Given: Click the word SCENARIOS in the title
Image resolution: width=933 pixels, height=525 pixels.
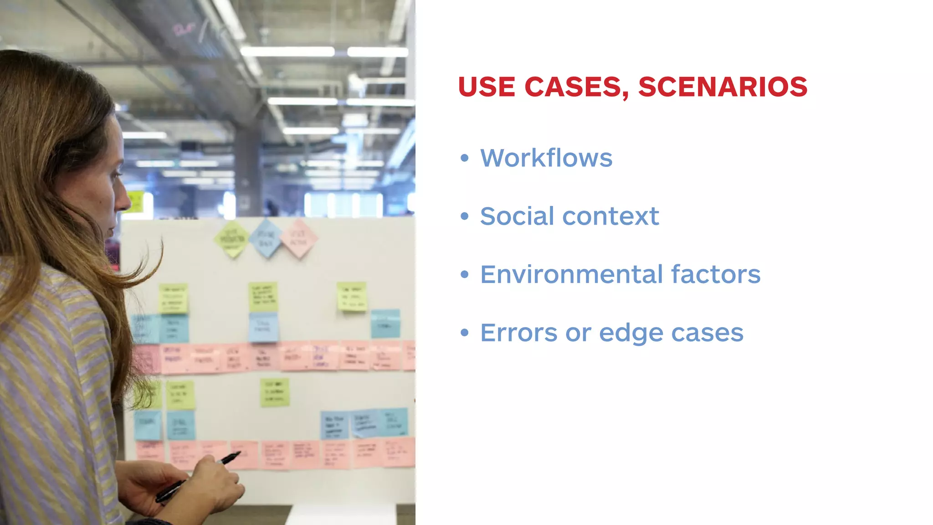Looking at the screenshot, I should (723, 87).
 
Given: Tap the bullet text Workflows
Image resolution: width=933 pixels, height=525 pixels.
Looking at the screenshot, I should (546, 158).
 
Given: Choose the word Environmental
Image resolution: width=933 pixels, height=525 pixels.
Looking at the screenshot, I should (571, 274).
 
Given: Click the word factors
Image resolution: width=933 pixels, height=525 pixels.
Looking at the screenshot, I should (715, 274).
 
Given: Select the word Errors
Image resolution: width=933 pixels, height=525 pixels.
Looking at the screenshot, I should (518, 333).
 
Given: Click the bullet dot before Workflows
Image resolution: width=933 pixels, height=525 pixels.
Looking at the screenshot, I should (464, 158).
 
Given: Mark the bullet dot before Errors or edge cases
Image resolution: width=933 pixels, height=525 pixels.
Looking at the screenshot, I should (464, 333).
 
